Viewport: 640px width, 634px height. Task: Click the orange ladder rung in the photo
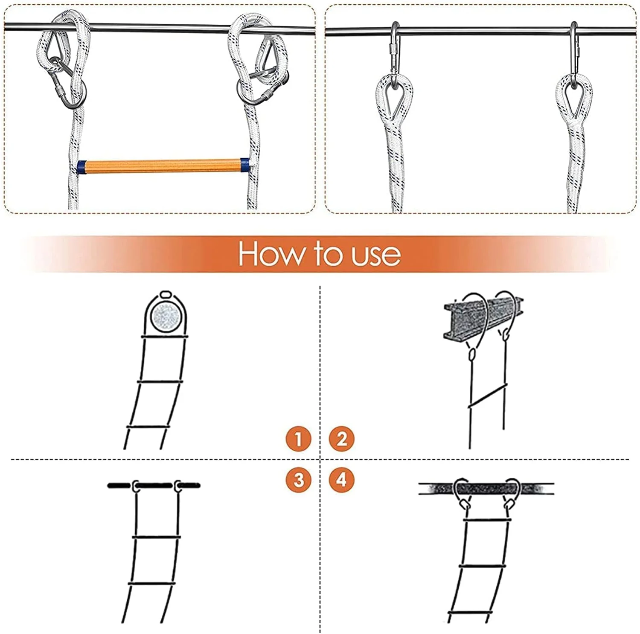click(163, 166)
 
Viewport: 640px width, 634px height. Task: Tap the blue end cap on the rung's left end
click(81, 167)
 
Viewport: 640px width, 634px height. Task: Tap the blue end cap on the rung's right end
click(245, 166)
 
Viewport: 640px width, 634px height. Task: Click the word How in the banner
click(271, 254)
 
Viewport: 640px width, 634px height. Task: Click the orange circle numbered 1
click(299, 439)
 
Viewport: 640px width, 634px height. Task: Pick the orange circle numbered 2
click(341, 439)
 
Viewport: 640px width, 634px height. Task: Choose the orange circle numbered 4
click(341, 480)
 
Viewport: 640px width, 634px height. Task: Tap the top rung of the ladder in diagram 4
click(486, 521)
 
